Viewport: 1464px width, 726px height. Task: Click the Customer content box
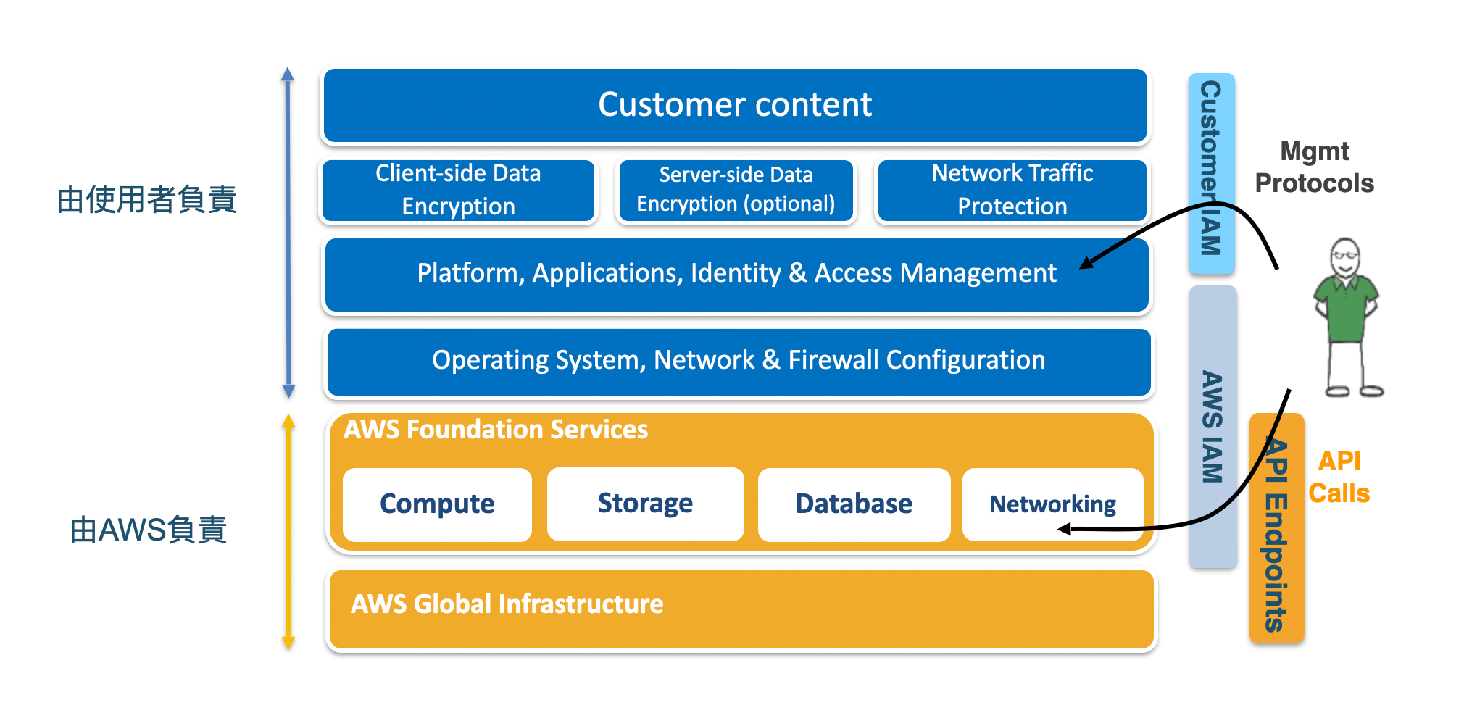pos(735,105)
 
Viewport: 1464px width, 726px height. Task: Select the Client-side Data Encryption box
pos(458,190)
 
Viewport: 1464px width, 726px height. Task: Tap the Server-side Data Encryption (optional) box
pos(736,190)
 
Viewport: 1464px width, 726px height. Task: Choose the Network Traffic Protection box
pos(1012,190)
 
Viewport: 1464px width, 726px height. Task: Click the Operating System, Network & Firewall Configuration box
pos(739,361)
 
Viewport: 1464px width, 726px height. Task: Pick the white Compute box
pos(437,504)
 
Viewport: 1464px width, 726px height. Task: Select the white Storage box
pos(645,504)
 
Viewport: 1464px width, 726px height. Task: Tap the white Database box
pos(854,504)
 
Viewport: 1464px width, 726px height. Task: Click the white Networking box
pos(1052,504)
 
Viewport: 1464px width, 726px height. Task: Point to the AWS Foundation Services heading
pos(496,430)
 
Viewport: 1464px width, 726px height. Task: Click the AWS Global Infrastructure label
pos(507,604)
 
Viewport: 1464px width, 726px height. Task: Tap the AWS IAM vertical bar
pos(1213,427)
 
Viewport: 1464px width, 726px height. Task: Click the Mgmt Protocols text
pos(1314,167)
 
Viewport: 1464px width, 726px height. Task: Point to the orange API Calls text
pos(1339,477)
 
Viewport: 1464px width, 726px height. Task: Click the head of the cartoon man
pos(1345,256)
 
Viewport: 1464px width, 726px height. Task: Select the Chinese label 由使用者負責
pos(147,200)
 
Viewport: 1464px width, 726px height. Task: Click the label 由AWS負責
pos(149,530)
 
